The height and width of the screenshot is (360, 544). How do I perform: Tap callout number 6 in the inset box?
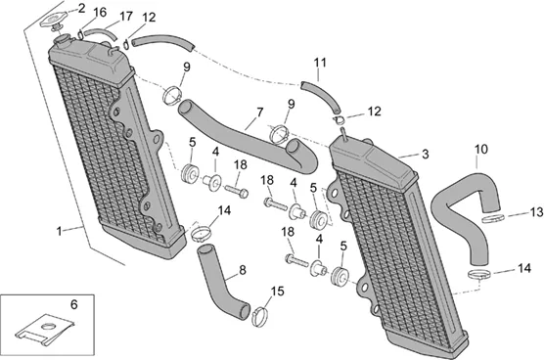[74, 304]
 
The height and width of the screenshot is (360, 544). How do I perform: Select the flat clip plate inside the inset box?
[45, 330]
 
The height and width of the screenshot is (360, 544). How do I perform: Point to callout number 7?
[259, 112]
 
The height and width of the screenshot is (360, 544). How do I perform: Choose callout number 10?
[481, 149]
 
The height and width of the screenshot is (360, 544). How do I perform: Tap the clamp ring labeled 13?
[493, 219]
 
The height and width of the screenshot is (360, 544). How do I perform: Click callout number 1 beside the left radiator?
[59, 231]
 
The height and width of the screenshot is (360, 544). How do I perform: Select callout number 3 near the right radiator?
[426, 154]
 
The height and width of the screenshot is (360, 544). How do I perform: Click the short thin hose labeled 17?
[99, 33]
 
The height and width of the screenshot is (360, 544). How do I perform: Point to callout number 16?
[100, 13]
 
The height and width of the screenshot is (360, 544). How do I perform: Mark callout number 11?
[320, 63]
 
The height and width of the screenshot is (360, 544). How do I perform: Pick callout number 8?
[243, 270]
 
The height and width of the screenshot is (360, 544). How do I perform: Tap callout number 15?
[277, 292]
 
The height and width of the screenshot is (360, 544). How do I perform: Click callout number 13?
[536, 212]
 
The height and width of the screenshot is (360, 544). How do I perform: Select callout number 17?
[125, 16]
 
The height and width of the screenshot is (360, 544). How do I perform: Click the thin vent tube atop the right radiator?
[343, 133]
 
